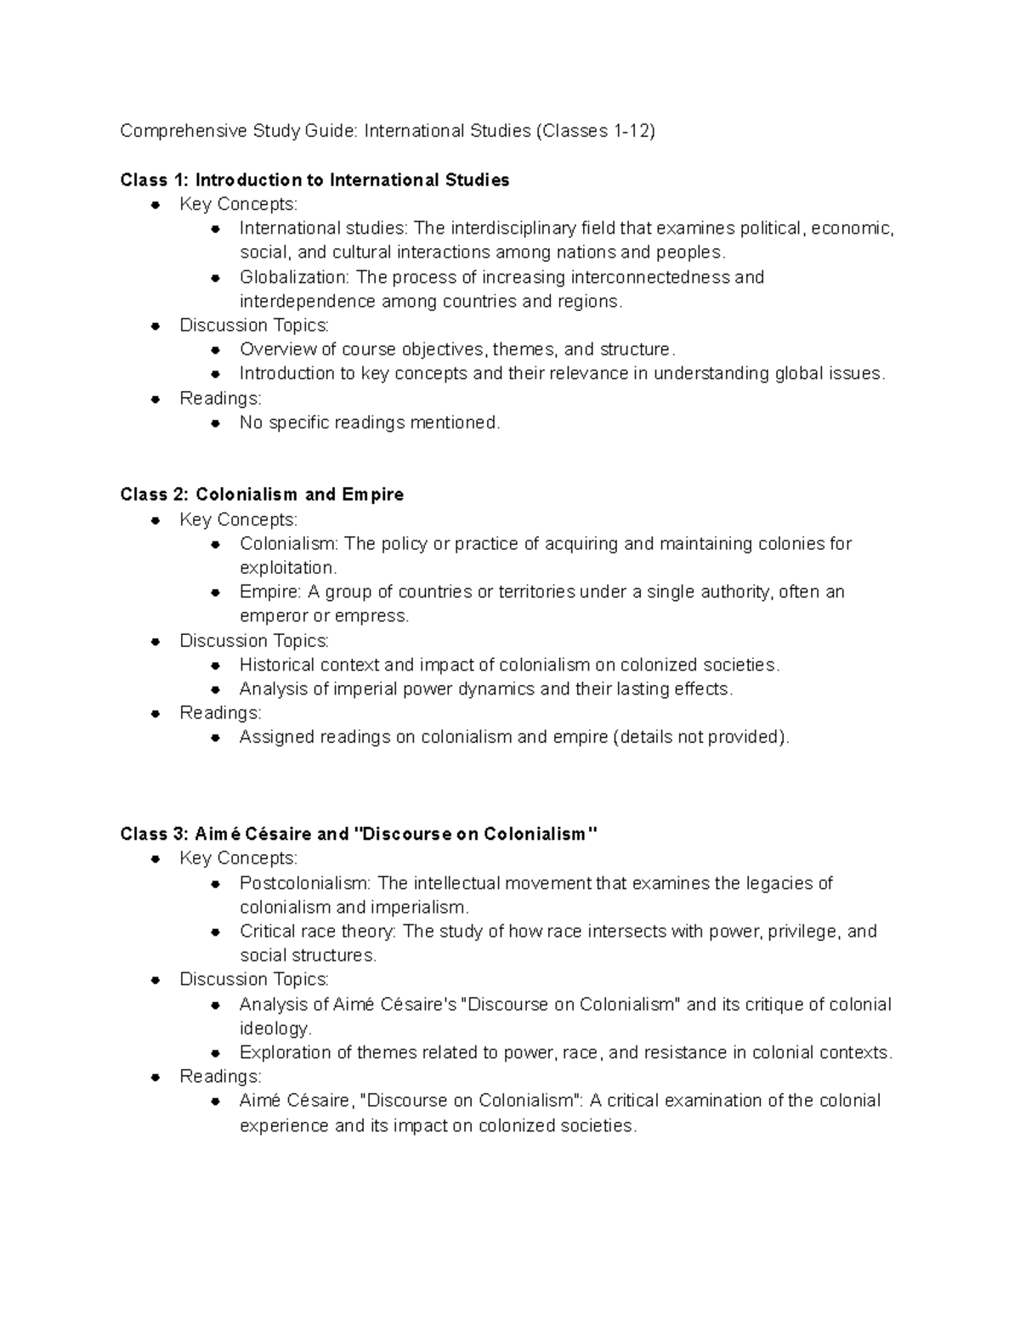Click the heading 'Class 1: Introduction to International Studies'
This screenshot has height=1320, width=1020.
click(x=314, y=180)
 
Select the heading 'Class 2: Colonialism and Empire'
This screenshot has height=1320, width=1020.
click(x=262, y=495)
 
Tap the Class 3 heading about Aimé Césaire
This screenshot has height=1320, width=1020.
click(x=359, y=834)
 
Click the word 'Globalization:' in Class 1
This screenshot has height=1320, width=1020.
click(x=295, y=278)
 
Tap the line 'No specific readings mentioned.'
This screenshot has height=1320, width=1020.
click(x=370, y=422)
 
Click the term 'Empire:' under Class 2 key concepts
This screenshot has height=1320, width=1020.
click(x=268, y=592)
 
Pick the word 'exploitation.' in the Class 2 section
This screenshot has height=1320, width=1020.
click(x=288, y=568)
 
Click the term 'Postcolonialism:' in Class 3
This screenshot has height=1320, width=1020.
click(x=306, y=883)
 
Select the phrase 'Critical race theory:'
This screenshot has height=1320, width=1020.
click(x=318, y=932)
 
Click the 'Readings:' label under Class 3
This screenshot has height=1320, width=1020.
click(x=220, y=1077)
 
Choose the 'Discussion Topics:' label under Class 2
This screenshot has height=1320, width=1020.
click(x=253, y=641)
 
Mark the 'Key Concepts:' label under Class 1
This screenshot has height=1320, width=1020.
click(x=238, y=204)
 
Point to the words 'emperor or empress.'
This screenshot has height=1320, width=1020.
click(x=324, y=616)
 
